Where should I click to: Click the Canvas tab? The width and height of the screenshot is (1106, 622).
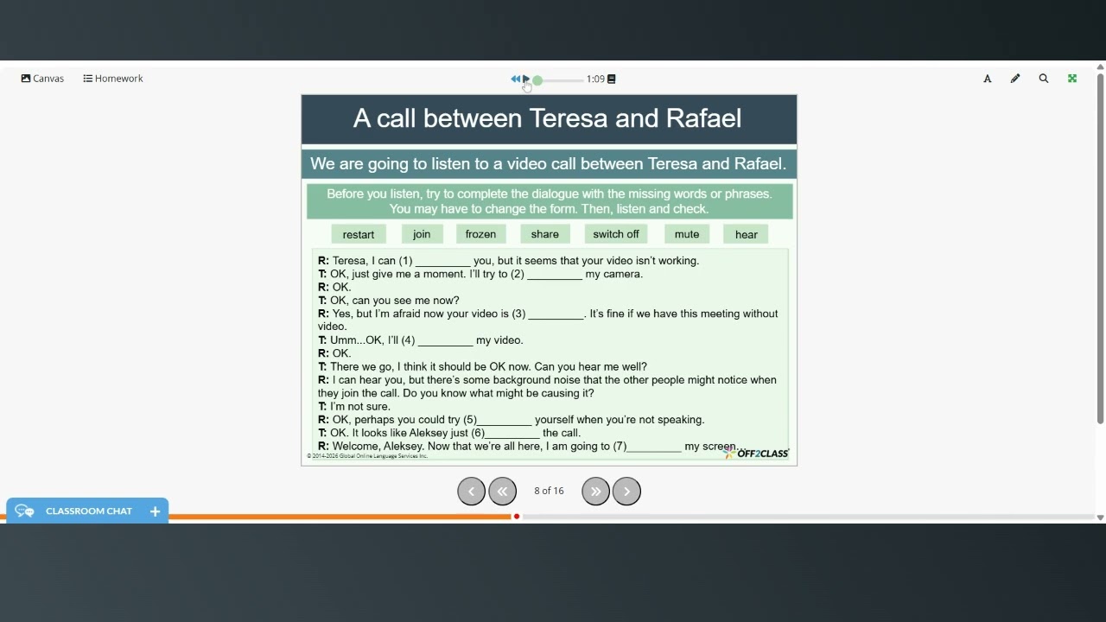(42, 79)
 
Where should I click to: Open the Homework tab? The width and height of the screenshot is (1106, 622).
(113, 79)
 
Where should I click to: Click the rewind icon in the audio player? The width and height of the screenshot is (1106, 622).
(515, 79)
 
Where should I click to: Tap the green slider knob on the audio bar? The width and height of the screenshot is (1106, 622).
(537, 80)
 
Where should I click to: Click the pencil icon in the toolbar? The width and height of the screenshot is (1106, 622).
(1015, 79)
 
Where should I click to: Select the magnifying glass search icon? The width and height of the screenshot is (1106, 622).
(1044, 79)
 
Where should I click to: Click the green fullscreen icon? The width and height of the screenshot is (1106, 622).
(1072, 79)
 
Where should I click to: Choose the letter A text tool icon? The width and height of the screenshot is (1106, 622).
(988, 79)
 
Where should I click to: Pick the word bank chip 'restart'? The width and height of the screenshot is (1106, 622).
(359, 234)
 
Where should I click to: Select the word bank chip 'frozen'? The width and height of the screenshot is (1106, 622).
(480, 234)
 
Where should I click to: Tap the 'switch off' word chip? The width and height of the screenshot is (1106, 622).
(616, 234)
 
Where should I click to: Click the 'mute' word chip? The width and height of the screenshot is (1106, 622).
(687, 234)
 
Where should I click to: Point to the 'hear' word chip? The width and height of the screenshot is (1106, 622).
(747, 234)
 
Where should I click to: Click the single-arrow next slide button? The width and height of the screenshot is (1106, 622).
(626, 491)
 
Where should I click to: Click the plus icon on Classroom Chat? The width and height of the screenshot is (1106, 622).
(155, 511)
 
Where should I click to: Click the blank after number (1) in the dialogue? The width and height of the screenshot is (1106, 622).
(442, 261)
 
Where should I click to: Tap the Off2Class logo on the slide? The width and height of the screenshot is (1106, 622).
(758, 454)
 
